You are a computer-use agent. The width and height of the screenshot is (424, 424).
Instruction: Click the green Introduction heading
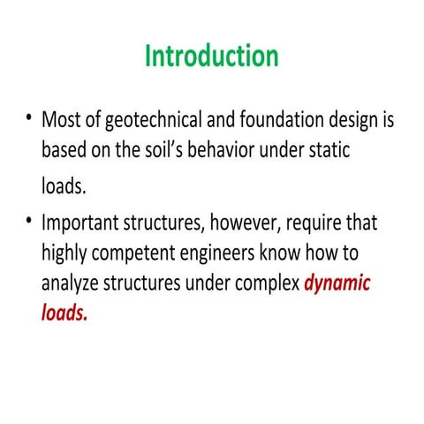click(212, 57)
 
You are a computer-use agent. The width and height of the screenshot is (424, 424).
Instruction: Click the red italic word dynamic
click(338, 285)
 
